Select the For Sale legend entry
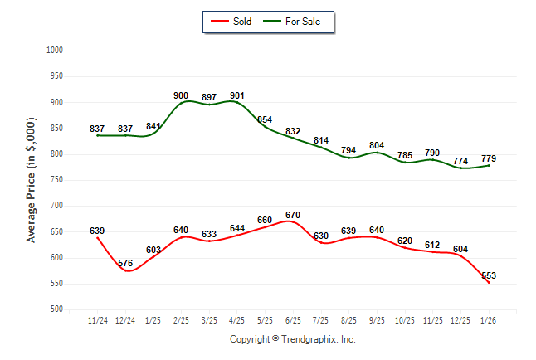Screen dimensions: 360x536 click(x=302, y=22)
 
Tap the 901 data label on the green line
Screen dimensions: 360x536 click(x=236, y=95)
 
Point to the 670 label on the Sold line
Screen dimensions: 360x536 click(x=292, y=216)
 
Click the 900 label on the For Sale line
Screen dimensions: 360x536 click(x=181, y=95)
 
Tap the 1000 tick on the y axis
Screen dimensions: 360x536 click(x=56, y=51)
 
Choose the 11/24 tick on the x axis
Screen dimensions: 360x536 click(x=97, y=319)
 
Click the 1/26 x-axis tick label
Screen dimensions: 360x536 click(x=488, y=319)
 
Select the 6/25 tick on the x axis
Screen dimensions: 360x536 click(x=292, y=319)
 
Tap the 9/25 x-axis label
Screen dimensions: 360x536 click(x=376, y=319)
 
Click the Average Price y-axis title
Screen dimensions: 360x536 click(x=32, y=180)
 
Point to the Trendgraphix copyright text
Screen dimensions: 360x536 click(x=292, y=339)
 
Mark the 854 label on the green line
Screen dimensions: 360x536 click(x=265, y=119)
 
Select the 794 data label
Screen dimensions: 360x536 click(x=348, y=150)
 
